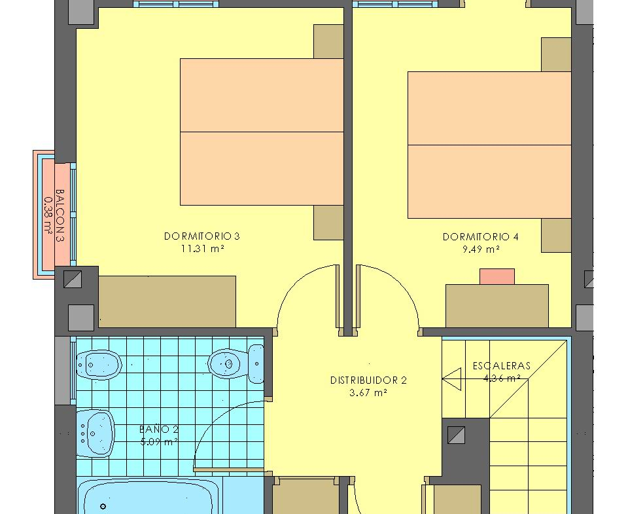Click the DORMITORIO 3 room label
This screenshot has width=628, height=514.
(202, 236)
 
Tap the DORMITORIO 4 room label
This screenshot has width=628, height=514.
(481, 237)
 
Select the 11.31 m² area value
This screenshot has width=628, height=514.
(202, 249)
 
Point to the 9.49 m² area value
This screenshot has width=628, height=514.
(481, 249)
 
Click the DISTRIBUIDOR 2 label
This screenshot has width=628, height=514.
(368, 380)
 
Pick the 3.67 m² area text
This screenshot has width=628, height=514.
(368, 393)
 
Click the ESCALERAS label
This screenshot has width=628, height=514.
(502, 365)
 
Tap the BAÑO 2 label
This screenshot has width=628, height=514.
(159, 430)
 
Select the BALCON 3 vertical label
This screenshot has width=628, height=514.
(60, 215)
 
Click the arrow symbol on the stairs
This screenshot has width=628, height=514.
(452, 379)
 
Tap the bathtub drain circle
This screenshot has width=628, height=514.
(103, 507)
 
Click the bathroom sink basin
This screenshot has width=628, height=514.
(96, 433)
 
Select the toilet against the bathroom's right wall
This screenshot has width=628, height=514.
(236, 363)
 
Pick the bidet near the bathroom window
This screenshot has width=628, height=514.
(99, 365)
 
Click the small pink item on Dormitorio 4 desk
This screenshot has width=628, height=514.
(497, 277)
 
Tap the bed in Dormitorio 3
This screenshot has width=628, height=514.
(262, 132)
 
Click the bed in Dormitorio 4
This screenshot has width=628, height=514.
(489, 145)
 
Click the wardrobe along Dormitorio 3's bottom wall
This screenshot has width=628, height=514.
(167, 301)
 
